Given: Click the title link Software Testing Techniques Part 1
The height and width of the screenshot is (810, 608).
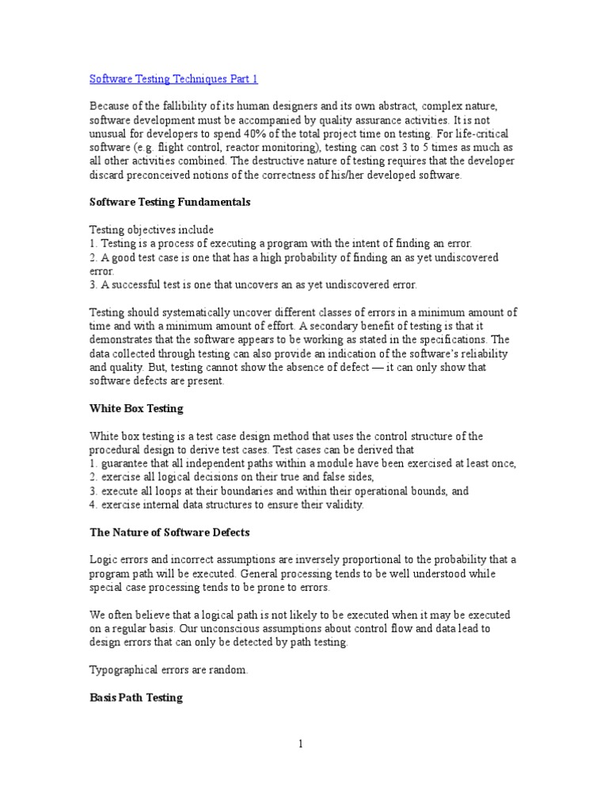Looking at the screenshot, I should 173,79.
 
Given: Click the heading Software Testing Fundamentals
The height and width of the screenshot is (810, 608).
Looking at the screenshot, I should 169,202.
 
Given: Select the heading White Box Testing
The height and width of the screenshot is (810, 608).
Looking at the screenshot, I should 135,409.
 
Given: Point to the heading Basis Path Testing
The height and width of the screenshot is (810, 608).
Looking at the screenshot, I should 135,698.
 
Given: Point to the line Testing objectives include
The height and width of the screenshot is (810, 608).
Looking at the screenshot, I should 152,229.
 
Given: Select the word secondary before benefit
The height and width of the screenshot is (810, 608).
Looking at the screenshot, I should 363,326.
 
